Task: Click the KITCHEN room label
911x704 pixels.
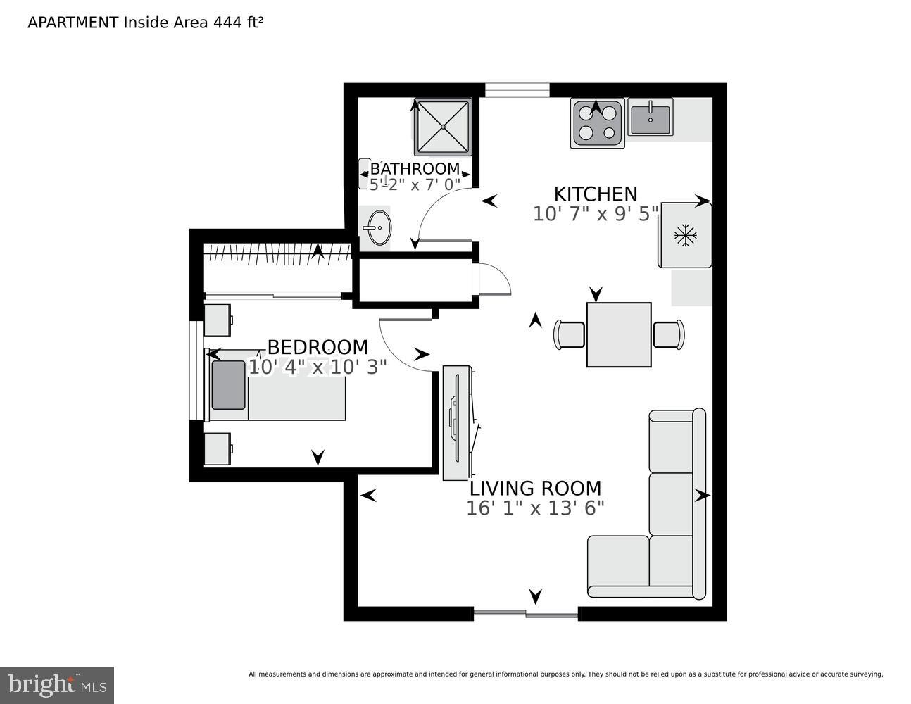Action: (595, 194)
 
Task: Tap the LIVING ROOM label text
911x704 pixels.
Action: (535, 488)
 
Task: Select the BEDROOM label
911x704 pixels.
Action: (318, 347)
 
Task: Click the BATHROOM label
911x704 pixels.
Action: (415, 169)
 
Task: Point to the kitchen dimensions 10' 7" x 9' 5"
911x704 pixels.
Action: (595, 213)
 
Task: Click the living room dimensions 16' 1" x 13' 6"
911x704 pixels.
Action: (535, 508)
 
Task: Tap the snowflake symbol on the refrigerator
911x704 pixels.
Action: (684, 235)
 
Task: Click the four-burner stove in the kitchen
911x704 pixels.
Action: (598, 123)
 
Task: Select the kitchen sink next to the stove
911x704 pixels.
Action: (651, 118)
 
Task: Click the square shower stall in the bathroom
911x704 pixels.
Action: (442, 127)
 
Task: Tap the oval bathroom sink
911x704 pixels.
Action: (378, 228)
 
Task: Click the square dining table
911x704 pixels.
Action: (619, 334)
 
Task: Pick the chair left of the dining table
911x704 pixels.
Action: (570, 334)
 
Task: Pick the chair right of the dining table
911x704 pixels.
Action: (668, 334)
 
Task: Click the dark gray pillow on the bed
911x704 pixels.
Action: (229, 384)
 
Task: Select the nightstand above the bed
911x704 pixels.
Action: (218, 320)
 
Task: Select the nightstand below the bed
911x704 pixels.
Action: (218, 449)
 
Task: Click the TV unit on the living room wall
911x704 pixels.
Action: (457, 422)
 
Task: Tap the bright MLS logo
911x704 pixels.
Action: (57, 685)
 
